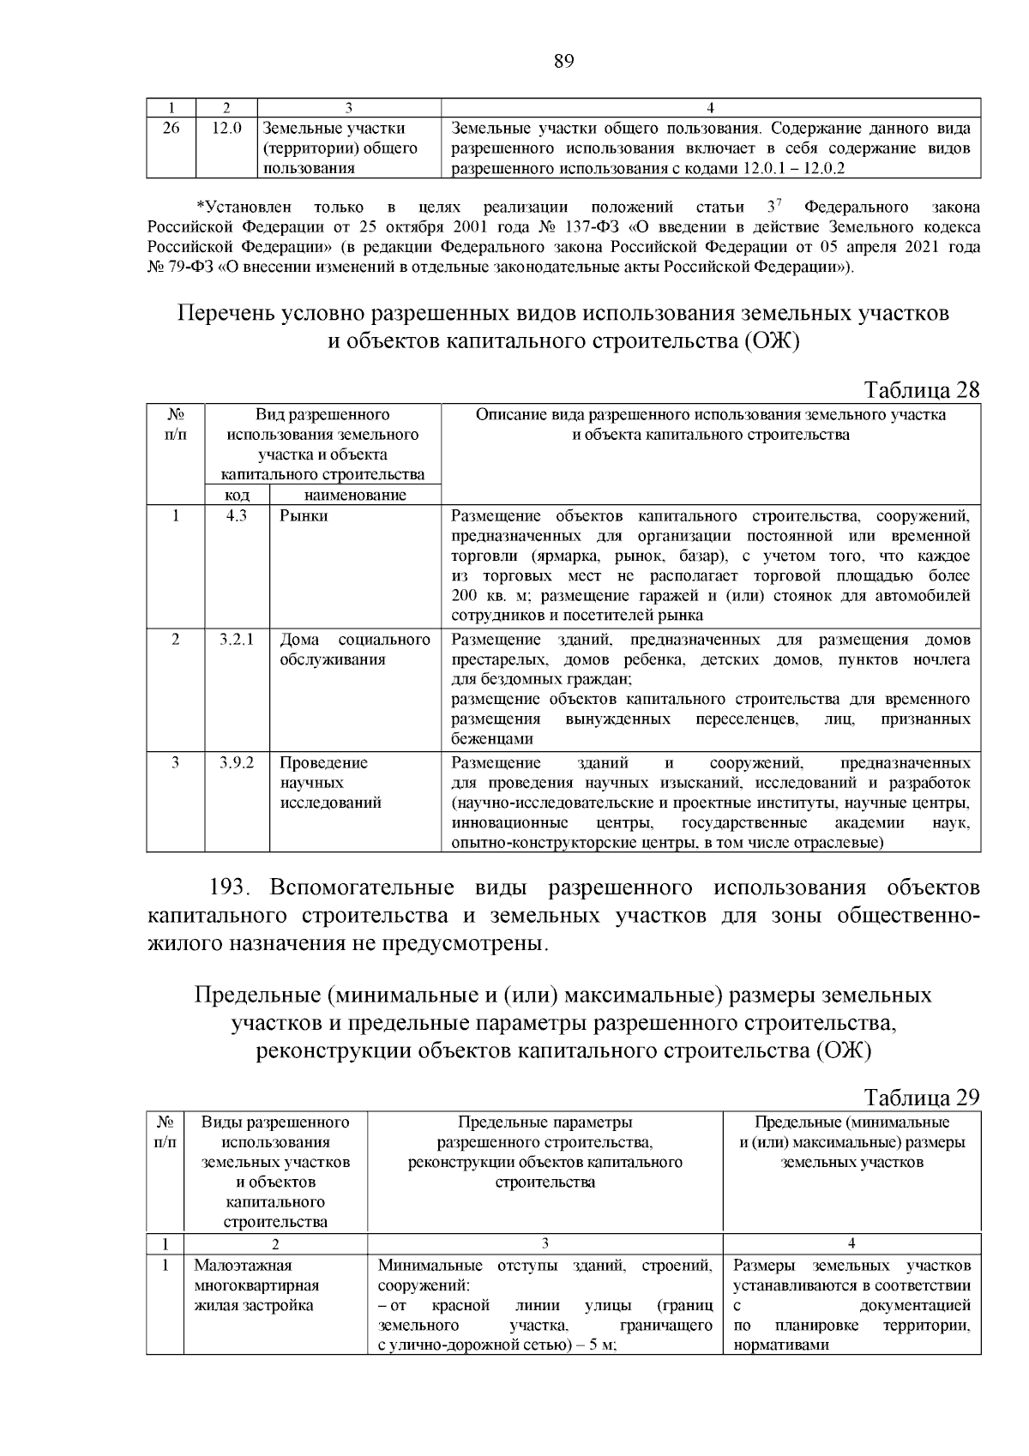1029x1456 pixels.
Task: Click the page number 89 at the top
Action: point(563,61)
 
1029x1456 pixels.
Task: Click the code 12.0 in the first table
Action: point(227,129)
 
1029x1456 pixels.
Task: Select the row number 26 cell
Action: point(171,129)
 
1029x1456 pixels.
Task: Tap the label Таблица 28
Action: point(922,390)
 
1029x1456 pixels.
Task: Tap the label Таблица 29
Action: point(922,1098)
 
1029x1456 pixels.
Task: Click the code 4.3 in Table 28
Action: point(237,516)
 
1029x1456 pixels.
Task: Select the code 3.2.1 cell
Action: point(237,640)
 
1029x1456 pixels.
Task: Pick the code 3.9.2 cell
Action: point(237,762)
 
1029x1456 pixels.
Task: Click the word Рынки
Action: point(304,516)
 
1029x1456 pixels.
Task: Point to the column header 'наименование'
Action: point(355,496)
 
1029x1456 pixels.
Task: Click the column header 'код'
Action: point(237,496)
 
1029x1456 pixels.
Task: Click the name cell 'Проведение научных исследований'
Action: point(331,783)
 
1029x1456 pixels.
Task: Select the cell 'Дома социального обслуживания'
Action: point(355,650)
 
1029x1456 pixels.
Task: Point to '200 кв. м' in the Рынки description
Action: point(485,596)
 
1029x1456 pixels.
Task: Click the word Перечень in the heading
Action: point(225,313)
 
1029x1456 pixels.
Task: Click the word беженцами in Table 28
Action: point(492,738)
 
